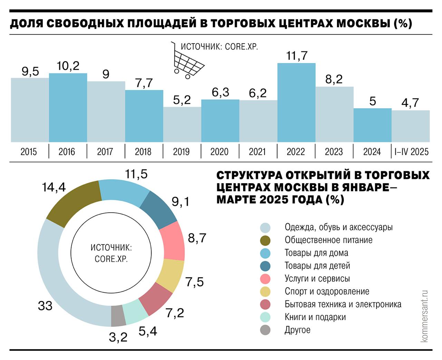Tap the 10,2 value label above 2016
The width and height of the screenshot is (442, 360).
pyautogui.click(x=68, y=66)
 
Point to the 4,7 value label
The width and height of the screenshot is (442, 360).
pyautogui.click(x=410, y=103)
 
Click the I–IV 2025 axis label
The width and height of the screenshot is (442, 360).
pyautogui.click(x=411, y=152)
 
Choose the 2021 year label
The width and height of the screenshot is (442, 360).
pyautogui.click(x=258, y=152)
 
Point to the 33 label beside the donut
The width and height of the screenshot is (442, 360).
pyautogui.click(x=45, y=305)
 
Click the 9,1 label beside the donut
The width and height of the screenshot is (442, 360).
pyautogui.click(x=181, y=201)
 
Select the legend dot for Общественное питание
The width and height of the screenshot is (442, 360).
pyautogui.click(x=265, y=241)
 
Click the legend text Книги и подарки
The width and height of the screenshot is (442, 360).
pyautogui.click(x=315, y=317)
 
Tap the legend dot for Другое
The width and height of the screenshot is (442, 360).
pyautogui.click(x=265, y=330)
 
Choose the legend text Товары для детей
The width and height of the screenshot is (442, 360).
pyautogui.click(x=317, y=266)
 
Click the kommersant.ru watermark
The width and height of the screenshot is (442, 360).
pyautogui.click(x=424, y=316)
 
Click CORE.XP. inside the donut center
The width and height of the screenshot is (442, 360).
pyautogui.click(x=111, y=259)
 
